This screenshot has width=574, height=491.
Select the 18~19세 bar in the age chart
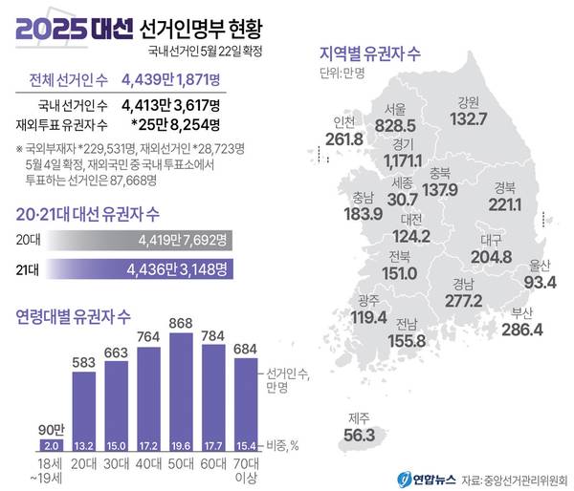click(x=52, y=445)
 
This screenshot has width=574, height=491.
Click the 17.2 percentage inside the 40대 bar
click(x=147, y=445)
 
